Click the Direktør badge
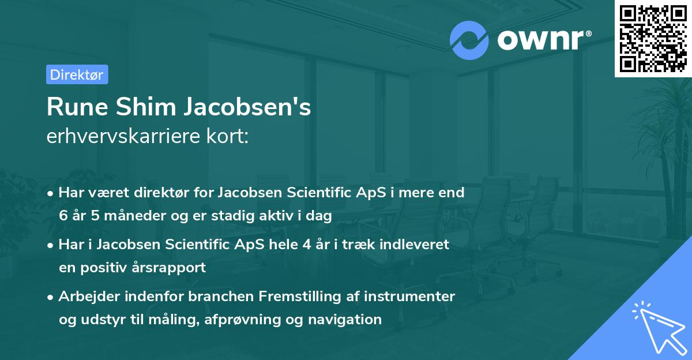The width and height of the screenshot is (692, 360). pos(77,74)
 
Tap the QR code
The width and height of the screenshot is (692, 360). pos(653,38)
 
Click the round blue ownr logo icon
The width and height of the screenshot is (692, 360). pos(469,40)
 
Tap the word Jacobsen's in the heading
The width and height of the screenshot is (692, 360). pos(245,107)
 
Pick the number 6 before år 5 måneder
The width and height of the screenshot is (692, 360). pos(63,216)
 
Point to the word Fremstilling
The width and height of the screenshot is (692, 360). pos(298,297)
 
